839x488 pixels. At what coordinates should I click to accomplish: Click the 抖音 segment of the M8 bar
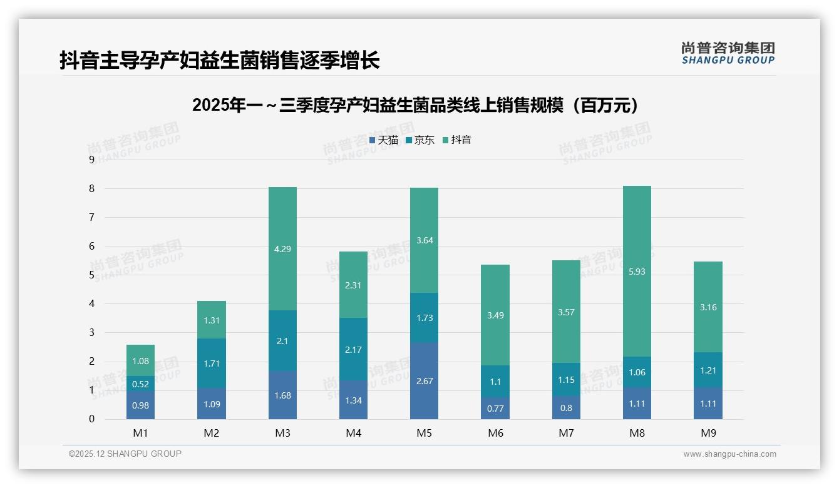[x=637, y=271]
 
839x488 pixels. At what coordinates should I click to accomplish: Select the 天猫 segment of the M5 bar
[x=424, y=380]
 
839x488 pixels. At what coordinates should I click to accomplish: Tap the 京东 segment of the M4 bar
[x=353, y=348]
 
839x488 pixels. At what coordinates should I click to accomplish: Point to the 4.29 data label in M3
[x=282, y=248]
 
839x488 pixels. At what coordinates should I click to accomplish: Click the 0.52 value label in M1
[x=140, y=384]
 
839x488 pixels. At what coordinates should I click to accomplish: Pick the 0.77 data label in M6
[x=495, y=408]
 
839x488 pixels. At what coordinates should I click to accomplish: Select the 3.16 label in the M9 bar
[x=708, y=307]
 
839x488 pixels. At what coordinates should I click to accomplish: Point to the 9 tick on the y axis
[x=91, y=160]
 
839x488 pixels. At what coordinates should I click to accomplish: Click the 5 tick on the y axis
[x=91, y=275]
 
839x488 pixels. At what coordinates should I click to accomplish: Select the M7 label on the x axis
[x=566, y=433]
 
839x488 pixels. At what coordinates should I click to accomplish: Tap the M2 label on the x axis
[x=212, y=433]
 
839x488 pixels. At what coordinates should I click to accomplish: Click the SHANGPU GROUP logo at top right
[x=728, y=53]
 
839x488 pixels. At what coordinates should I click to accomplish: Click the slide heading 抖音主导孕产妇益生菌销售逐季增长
[x=219, y=61]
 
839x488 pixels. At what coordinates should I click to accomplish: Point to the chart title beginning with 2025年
[x=418, y=105]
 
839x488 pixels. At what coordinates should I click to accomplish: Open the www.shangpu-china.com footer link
[x=729, y=454]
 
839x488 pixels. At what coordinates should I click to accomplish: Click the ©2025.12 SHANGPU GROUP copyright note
[x=125, y=454]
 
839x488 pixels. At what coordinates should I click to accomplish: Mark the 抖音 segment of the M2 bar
[x=212, y=320]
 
